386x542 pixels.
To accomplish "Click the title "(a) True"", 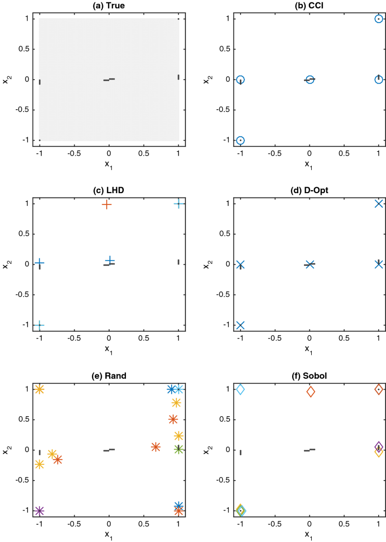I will (109, 6).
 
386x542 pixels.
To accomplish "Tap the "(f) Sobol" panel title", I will (309, 376).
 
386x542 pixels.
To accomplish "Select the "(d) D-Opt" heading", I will (309, 191).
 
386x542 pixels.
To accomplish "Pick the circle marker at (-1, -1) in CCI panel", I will (240, 140).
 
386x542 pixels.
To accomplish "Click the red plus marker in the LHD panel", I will (107, 204).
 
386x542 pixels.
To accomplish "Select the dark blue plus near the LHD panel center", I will (110, 260).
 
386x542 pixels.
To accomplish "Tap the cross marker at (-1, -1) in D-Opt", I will (240, 325).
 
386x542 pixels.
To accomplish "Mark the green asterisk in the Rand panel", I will (178, 449).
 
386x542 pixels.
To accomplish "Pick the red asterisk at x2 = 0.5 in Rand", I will (173, 419).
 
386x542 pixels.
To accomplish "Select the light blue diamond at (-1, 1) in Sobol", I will (240, 389).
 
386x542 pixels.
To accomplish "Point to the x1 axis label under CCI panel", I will (309, 164).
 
